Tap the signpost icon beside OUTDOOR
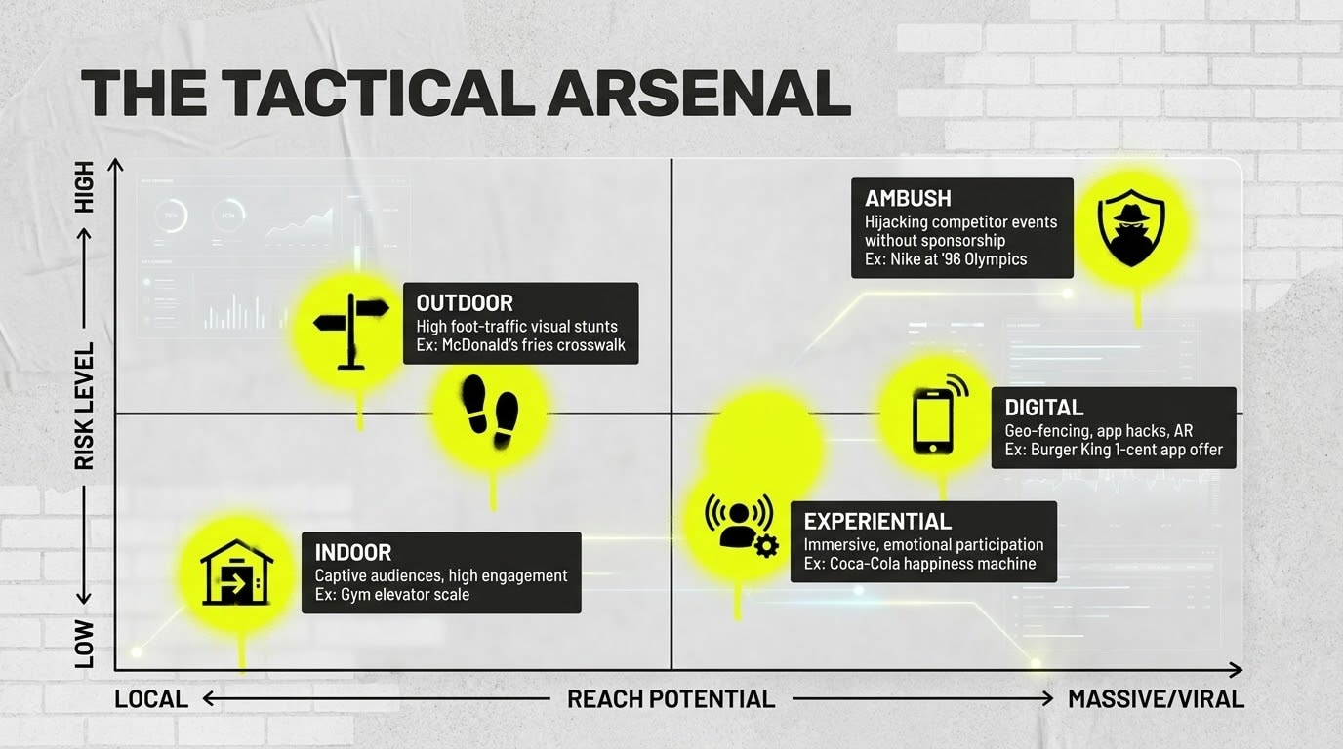(350, 326)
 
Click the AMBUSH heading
(908, 198)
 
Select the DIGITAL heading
(1043, 408)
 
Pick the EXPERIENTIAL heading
(877, 521)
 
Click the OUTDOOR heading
(465, 302)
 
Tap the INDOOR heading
(353, 553)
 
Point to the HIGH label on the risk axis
(85, 187)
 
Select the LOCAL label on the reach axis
(151, 699)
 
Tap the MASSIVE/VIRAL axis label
(1156, 699)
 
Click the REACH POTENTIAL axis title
(671, 699)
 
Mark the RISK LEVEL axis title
(85, 405)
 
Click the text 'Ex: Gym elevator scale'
(391, 594)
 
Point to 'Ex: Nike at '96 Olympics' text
(945, 259)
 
